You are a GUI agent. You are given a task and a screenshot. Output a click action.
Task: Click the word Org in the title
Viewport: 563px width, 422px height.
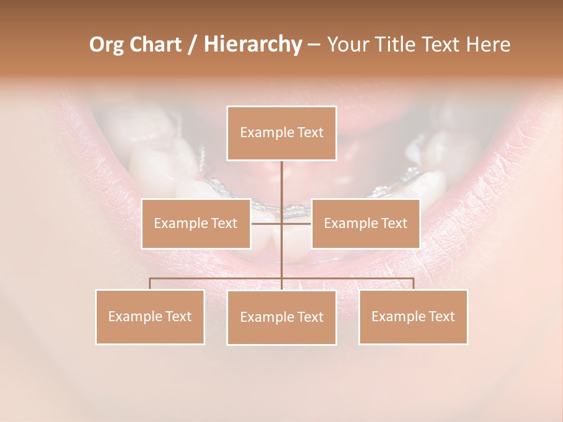pyautogui.click(x=107, y=45)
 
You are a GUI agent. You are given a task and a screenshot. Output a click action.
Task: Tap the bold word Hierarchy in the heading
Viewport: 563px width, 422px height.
pyautogui.click(x=252, y=45)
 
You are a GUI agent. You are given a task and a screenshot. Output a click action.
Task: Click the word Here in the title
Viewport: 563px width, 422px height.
pyautogui.click(x=488, y=45)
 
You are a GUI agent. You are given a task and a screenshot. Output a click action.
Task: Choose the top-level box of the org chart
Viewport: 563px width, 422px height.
pyautogui.click(x=281, y=133)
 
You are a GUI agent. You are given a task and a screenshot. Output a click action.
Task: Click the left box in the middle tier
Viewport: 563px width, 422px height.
pyautogui.click(x=196, y=223)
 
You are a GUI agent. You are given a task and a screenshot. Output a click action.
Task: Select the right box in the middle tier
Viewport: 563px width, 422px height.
pyautogui.click(x=365, y=223)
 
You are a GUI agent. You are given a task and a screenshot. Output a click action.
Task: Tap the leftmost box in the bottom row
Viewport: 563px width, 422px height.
pyautogui.click(x=150, y=316)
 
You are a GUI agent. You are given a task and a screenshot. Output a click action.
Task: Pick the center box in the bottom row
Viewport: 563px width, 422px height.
pyautogui.click(x=281, y=318)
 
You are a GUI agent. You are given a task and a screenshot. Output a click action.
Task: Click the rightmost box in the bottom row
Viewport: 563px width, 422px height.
pyautogui.click(x=413, y=316)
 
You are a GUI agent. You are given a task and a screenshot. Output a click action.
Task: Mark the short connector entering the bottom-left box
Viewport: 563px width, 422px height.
pyautogui.click(x=150, y=284)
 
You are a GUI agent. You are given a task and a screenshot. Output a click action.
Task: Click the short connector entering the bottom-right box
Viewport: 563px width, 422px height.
pyautogui.click(x=413, y=284)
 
